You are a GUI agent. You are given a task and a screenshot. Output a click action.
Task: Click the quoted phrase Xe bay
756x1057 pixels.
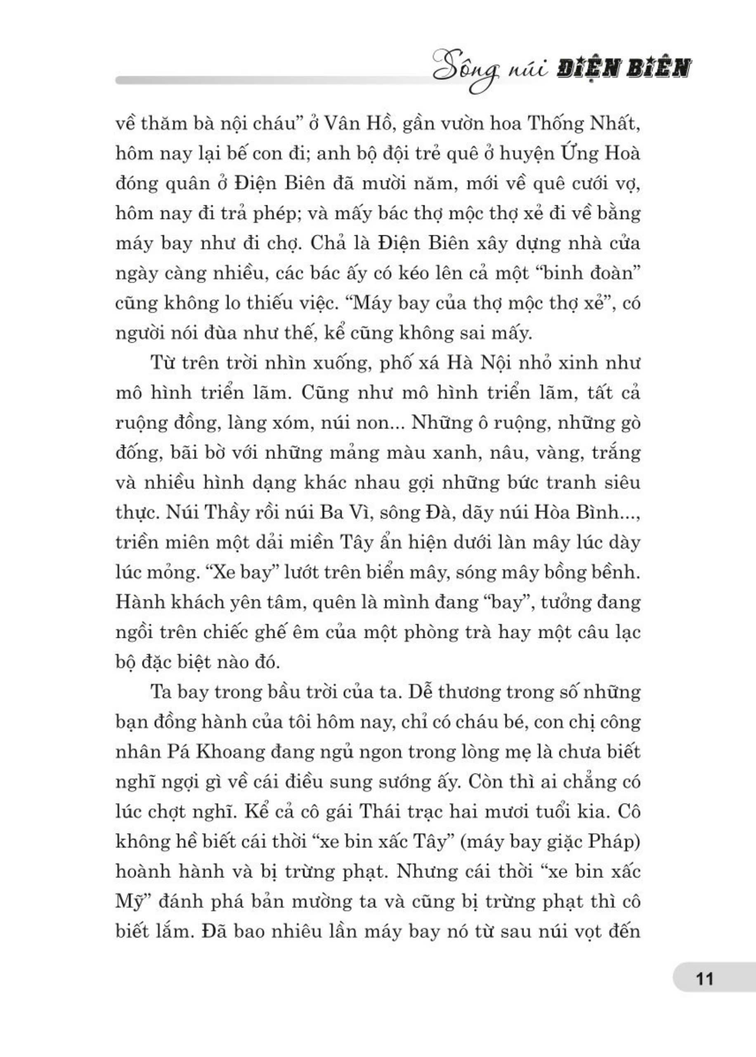point(241,572)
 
